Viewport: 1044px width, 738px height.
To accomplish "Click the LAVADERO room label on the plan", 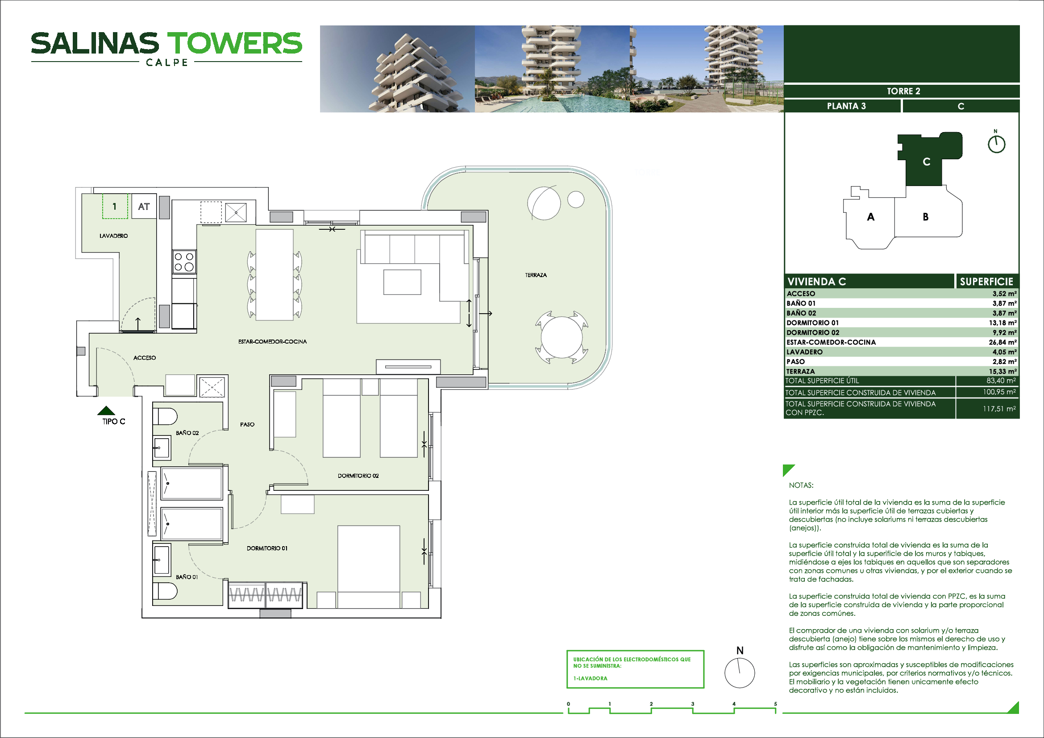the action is click(x=114, y=236).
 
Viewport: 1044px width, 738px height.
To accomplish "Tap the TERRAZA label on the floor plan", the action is click(x=536, y=275).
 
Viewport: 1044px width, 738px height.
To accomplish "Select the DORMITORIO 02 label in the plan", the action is click(x=358, y=476).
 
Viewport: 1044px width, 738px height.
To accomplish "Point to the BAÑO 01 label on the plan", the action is click(x=187, y=576).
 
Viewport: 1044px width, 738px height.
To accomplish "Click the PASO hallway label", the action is click(x=247, y=424).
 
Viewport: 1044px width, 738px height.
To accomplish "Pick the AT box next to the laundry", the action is click(x=144, y=206).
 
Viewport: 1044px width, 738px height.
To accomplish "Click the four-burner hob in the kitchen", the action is click(x=184, y=262).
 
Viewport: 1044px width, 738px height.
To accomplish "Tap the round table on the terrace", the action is click(x=562, y=337).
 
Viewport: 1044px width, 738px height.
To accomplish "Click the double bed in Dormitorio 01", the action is click(x=369, y=567).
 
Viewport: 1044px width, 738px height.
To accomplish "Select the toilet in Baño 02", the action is click(x=165, y=416).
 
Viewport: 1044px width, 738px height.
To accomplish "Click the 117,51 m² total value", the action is click(x=999, y=409).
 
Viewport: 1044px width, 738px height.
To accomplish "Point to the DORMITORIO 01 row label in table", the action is click(x=812, y=323).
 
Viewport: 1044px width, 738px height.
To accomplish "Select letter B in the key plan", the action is click(x=925, y=217).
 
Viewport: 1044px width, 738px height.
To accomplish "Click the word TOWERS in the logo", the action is click(x=235, y=43).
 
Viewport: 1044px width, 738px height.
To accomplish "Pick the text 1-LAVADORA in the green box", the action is click(x=590, y=678).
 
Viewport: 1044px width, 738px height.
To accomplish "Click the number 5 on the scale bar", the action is click(x=775, y=704).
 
